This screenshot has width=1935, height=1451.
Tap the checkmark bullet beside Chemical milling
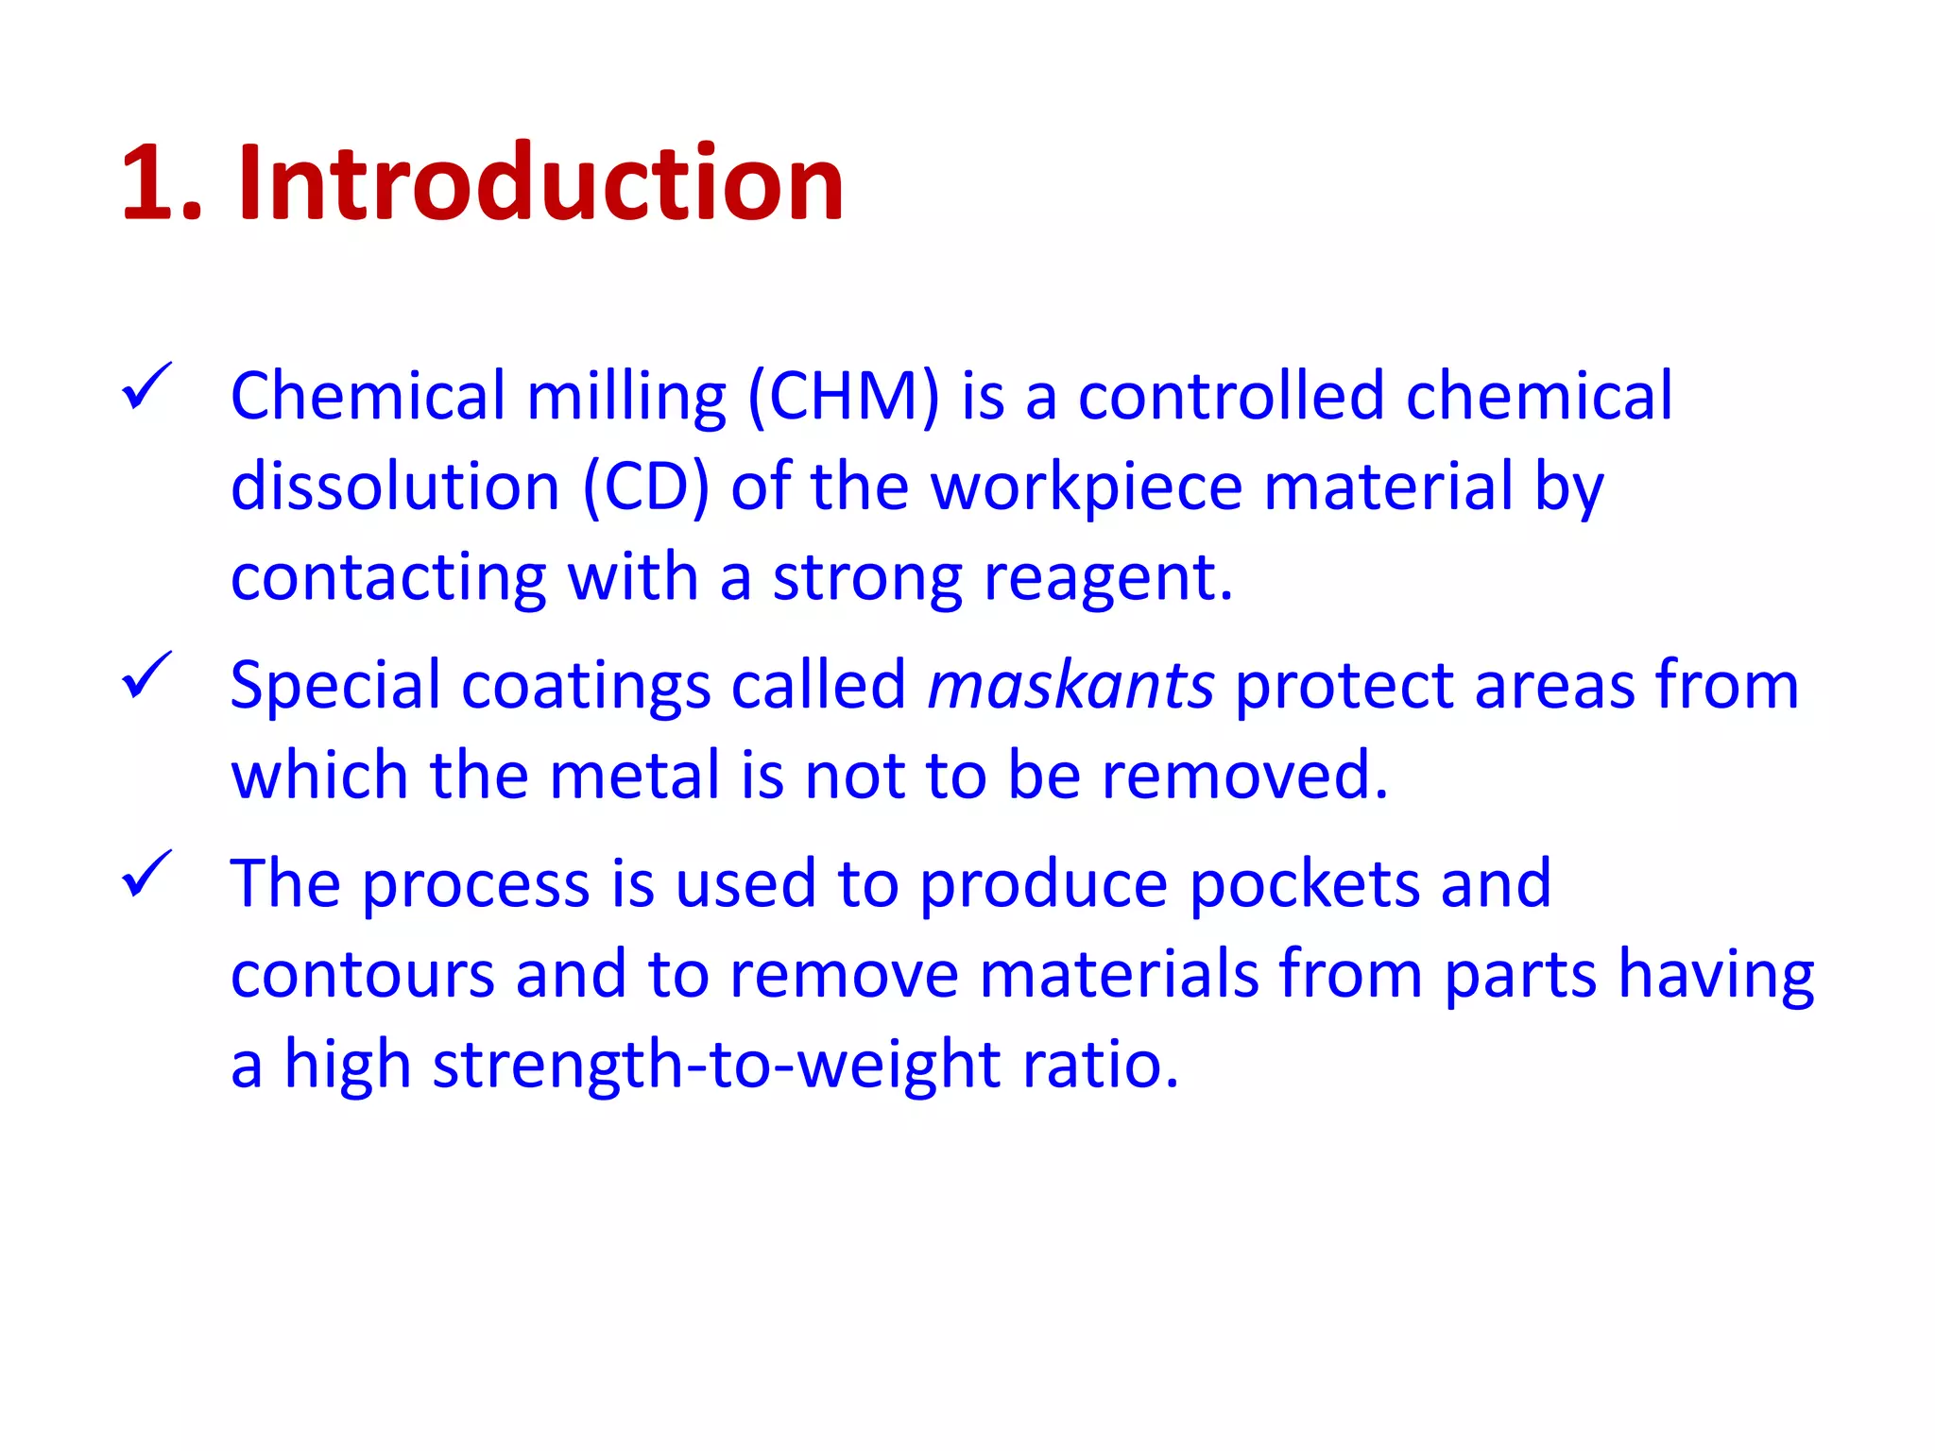click(146, 387)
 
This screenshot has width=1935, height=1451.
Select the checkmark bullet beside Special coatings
click(146, 676)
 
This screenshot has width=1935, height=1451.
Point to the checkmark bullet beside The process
click(146, 875)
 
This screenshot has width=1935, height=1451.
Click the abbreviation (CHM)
click(844, 397)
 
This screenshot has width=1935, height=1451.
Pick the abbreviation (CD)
click(645, 487)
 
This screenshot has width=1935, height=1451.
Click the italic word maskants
click(1070, 686)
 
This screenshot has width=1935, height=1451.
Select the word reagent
click(1107, 578)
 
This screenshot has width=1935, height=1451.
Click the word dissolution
click(396, 487)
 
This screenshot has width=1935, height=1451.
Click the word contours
click(363, 975)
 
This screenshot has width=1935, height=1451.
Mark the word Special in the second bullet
click(335, 686)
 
